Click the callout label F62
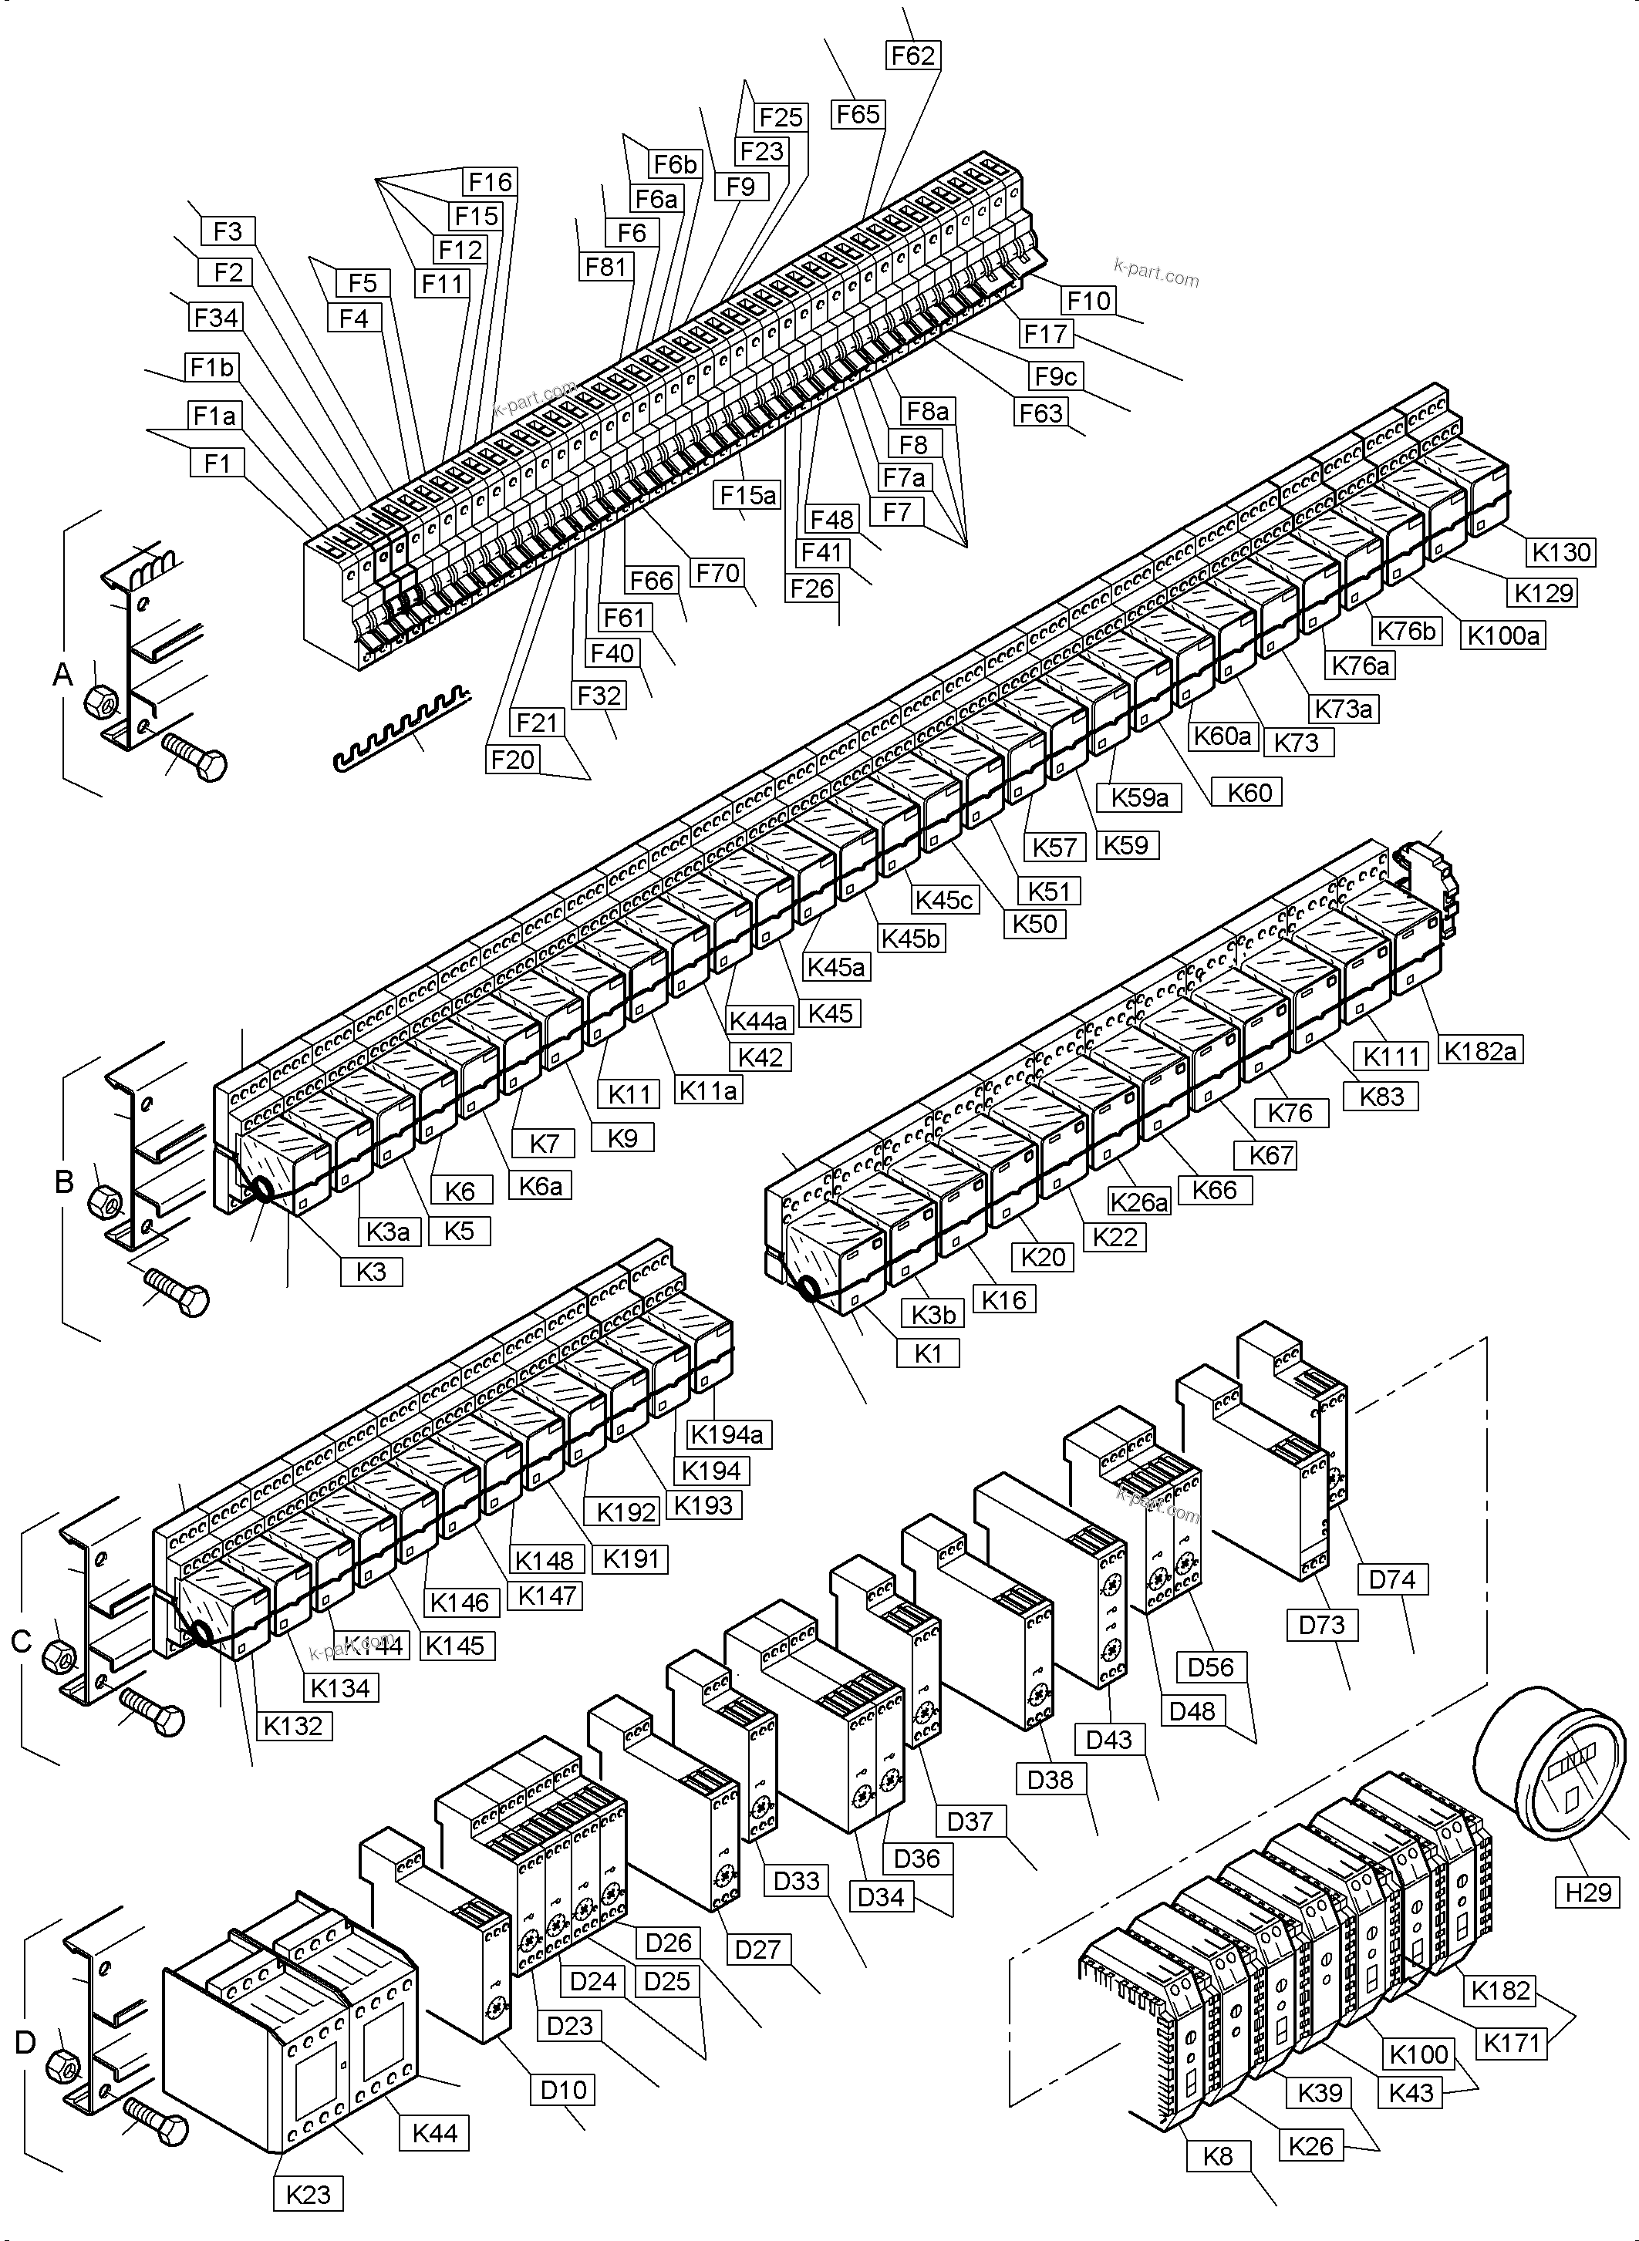tap(912, 56)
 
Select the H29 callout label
tap(1587, 1892)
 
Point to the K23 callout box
tap(308, 2195)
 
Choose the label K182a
tap(1480, 1050)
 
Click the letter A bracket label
tap(62, 675)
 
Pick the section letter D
tap(25, 2041)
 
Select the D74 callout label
tap(1392, 1579)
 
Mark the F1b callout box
tap(212, 368)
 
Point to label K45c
tap(943, 900)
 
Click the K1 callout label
tap(928, 1353)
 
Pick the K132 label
tap(294, 1725)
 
